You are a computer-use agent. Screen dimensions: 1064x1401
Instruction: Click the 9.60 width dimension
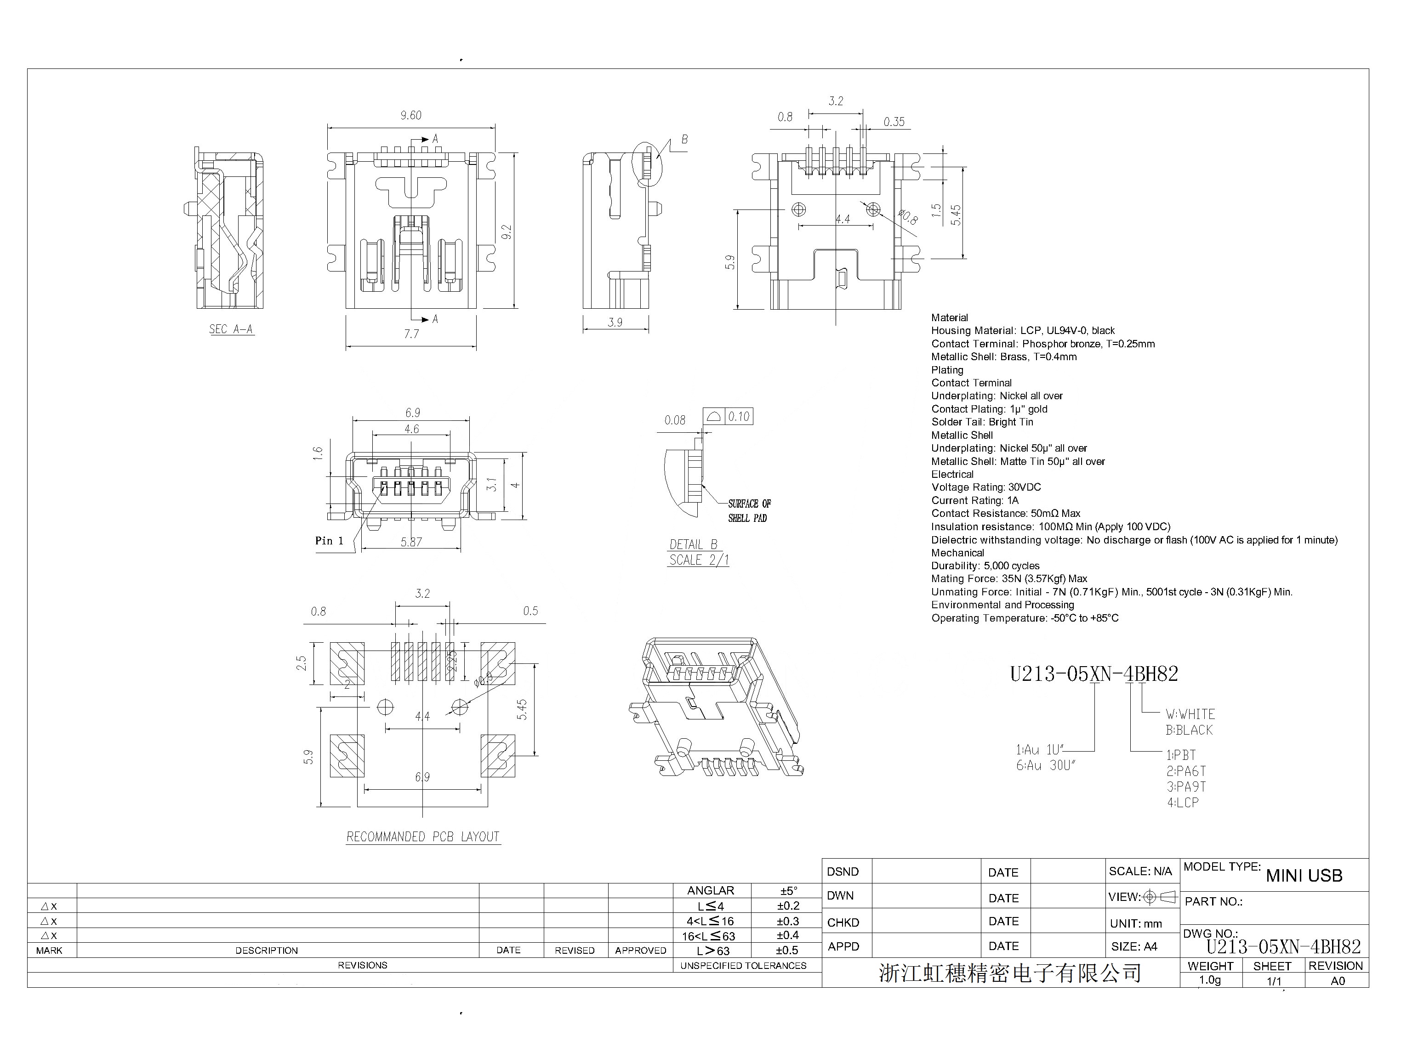(410, 115)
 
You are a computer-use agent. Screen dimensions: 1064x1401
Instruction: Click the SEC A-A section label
(231, 329)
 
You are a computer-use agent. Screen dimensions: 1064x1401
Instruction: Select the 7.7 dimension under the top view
(411, 334)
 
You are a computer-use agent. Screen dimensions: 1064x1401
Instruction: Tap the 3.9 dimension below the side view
(615, 323)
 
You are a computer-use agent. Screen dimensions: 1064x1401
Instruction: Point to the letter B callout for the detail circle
(684, 139)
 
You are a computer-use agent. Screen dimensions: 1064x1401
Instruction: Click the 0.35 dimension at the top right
(894, 122)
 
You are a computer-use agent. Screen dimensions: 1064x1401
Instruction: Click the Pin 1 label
(329, 540)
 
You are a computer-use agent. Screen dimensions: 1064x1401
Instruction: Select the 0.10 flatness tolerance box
(738, 417)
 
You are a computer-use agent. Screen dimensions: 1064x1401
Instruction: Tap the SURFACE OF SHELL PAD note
(748, 510)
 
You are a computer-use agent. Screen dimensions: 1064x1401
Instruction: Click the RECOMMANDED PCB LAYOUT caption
(423, 837)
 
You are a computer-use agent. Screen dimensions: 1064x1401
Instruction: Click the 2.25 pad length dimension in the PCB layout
(452, 662)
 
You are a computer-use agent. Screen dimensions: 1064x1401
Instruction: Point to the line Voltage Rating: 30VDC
(985, 487)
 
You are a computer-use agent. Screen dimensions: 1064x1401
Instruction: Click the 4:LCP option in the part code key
(1182, 803)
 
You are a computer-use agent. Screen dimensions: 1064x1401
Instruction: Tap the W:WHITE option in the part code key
(1190, 714)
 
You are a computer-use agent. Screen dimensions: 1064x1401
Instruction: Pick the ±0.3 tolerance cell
(788, 921)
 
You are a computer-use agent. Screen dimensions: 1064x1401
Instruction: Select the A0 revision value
(1337, 980)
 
